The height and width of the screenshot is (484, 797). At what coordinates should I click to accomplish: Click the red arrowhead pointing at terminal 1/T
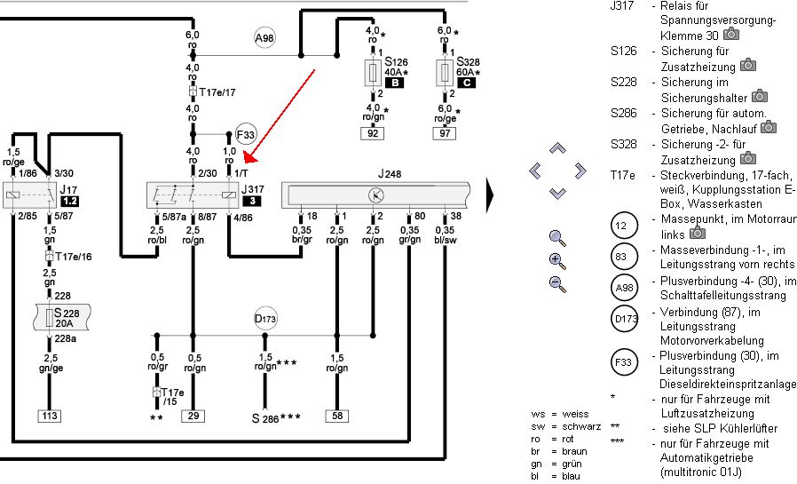pyautogui.click(x=251, y=156)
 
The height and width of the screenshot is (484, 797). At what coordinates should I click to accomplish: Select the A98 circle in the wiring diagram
pyautogui.click(x=264, y=38)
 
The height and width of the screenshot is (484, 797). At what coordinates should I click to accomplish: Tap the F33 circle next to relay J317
pyautogui.click(x=246, y=135)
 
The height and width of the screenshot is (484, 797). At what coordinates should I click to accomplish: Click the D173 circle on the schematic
pyautogui.click(x=264, y=319)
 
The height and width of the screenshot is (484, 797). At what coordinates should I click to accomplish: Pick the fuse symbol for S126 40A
pyautogui.click(x=373, y=73)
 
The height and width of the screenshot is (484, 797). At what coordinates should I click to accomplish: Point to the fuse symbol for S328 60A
pyautogui.click(x=445, y=73)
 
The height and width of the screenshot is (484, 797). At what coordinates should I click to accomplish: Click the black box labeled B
pyautogui.click(x=394, y=83)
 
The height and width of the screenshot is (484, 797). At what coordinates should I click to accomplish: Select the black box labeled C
pyautogui.click(x=467, y=83)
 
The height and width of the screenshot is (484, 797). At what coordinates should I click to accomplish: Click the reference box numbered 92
pyautogui.click(x=373, y=133)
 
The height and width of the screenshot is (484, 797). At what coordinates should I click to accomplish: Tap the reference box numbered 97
pyautogui.click(x=445, y=133)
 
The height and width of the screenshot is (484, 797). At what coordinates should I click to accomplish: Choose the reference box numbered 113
pyautogui.click(x=50, y=416)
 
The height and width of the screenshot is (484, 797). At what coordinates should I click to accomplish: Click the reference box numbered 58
pyautogui.click(x=337, y=416)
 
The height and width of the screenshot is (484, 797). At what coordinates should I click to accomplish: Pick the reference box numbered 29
pyautogui.click(x=193, y=416)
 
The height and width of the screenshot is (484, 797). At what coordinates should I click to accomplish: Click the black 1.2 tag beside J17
pyautogui.click(x=69, y=201)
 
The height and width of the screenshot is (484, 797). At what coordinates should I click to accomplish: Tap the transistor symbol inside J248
pyautogui.click(x=376, y=195)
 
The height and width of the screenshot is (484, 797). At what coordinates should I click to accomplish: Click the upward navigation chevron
pyautogui.click(x=557, y=148)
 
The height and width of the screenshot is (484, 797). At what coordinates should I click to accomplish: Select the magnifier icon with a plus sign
pyautogui.click(x=557, y=261)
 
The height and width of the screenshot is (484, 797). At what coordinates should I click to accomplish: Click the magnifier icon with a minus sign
pyautogui.click(x=557, y=284)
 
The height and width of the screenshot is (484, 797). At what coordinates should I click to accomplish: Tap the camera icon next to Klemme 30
pyautogui.click(x=731, y=34)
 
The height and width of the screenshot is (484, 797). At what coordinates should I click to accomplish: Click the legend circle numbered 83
pyautogui.click(x=624, y=257)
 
